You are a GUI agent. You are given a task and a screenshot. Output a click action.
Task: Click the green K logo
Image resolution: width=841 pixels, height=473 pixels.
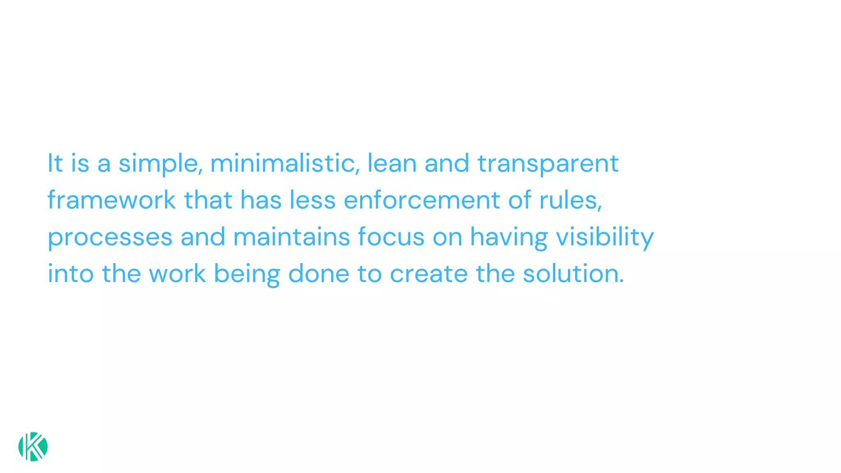coord(33,446)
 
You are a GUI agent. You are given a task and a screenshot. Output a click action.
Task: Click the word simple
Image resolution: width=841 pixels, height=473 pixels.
coord(160,163)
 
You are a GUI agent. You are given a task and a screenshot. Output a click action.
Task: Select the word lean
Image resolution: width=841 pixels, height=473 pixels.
coord(392,163)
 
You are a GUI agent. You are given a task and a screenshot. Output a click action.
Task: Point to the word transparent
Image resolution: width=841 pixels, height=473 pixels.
coord(548,163)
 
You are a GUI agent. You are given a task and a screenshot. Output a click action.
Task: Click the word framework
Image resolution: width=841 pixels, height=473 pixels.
coord(111,200)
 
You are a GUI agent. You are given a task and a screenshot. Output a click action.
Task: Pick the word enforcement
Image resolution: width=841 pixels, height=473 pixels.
coord(422,200)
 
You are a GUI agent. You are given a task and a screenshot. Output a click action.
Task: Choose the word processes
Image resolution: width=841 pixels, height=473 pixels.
coord(110,237)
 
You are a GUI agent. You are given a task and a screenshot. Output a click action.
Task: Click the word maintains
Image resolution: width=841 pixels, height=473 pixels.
coord(291,237)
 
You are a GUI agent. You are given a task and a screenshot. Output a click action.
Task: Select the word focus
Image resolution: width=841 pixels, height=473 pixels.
coord(391,237)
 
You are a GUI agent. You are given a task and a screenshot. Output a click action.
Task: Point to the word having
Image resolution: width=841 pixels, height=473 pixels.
coord(509,237)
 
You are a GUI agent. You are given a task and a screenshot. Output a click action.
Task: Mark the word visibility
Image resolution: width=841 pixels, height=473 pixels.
coord(604,237)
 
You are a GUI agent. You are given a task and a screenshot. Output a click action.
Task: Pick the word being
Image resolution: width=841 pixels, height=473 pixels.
coord(247,274)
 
